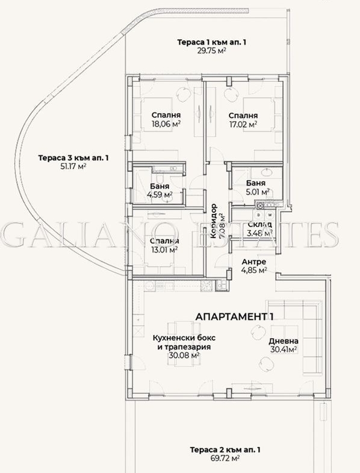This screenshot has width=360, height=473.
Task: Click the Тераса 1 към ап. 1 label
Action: (211, 42)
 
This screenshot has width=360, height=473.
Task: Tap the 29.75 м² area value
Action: (211, 51)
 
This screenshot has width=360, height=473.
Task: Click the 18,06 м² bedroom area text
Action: (166, 125)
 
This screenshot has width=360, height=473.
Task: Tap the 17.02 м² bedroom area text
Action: (243, 125)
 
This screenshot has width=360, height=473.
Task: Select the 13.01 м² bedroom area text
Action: (163, 249)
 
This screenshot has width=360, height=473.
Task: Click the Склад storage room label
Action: (259, 224)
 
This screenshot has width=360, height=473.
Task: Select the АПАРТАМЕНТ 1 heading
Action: (234, 316)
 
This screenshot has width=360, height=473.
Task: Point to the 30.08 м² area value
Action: (185, 356)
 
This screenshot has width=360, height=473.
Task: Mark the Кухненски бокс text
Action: (185, 338)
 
